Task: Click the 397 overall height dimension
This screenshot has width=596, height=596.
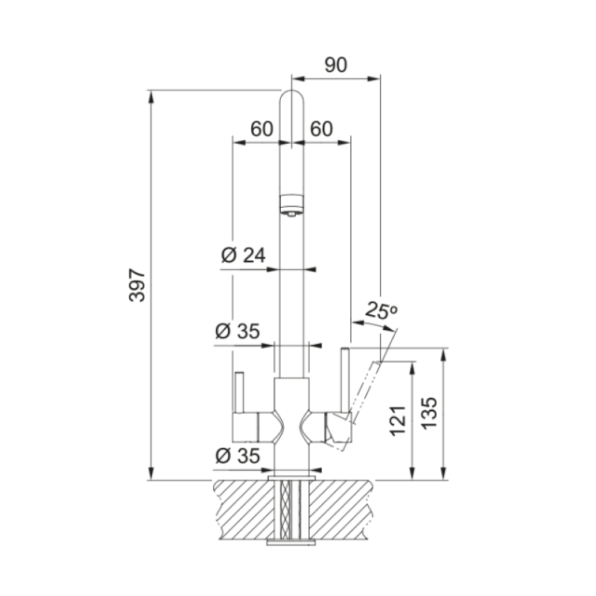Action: click(x=137, y=285)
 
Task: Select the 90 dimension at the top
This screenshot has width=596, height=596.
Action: click(x=336, y=65)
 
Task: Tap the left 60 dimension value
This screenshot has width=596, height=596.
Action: click(x=261, y=129)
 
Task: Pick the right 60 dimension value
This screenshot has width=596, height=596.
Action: click(x=321, y=129)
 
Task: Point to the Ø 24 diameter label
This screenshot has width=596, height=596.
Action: click(x=244, y=255)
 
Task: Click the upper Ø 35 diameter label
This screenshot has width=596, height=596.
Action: click(x=238, y=331)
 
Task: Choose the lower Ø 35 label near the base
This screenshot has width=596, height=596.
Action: click(x=238, y=455)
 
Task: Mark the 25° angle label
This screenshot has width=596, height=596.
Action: click(x=381, y=311)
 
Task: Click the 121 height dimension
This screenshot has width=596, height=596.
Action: click(x=398, y=421)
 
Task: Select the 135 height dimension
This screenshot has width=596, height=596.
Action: click(x=430, y=413)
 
